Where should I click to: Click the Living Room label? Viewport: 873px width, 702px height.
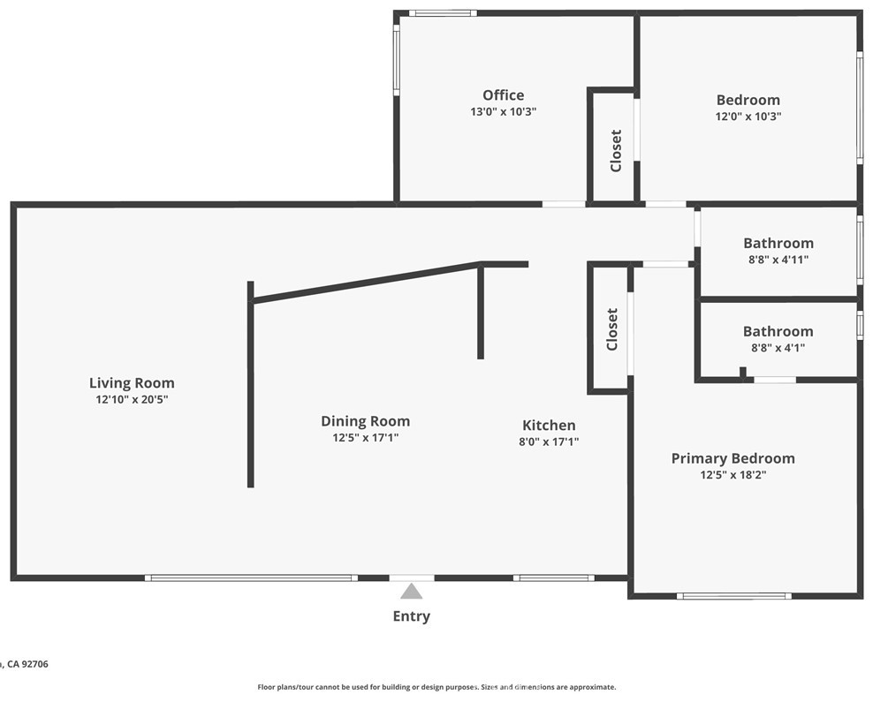click(x=132, y=382)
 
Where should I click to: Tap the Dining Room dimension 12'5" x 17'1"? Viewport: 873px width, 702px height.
click(x=365, y=437)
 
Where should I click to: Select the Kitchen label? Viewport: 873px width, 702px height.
click(x=549, y=425)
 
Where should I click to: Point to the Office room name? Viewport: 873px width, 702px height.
click(x=503, y=95)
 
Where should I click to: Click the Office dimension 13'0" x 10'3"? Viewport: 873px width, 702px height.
click(x=503, y=112)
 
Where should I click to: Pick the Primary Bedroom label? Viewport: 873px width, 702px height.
click(x=733, y=457)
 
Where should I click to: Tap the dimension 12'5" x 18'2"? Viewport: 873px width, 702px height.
click(x=733, y=475)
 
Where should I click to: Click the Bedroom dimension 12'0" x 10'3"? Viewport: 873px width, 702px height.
click(x=748, y=117)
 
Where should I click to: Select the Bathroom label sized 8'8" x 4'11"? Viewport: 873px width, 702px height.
click(x=778, y=243)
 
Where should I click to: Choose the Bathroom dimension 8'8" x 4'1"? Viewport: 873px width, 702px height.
click(x=778, y=348)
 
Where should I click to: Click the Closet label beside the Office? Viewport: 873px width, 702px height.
click(x=616, y=150)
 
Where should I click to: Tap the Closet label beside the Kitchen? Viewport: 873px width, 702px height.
click(x=612, y=329)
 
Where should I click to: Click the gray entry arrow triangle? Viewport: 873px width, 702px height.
click(x=411, y=592)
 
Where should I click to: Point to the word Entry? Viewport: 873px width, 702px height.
click(x=411, y=616)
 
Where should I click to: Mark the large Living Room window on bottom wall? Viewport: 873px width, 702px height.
click(x=251, y=578)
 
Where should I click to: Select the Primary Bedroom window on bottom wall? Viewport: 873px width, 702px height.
click(x=733, y=596)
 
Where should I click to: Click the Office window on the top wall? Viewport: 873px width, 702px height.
click(x=443, y=13)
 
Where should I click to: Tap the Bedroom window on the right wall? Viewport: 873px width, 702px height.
click(x=859, y=106)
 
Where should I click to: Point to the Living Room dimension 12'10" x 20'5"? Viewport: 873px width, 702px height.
click(x=132, y=399)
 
